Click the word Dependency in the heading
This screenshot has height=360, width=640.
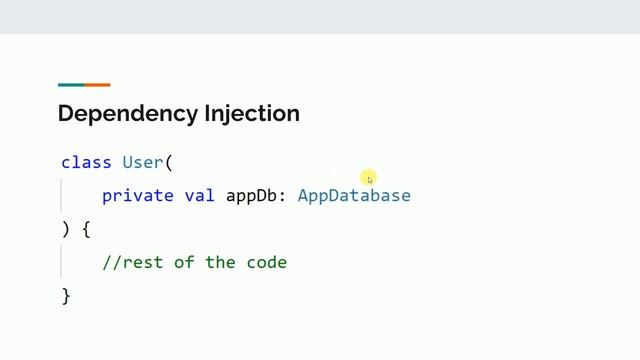[x=114, y=114]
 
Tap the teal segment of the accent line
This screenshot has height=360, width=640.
[x=71, y=85]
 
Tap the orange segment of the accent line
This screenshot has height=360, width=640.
[x=97, y=85]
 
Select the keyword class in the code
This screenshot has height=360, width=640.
[x=86, y=162]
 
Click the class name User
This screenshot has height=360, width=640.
[x=143, y=162]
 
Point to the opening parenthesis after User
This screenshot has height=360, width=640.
[x=169, y=162]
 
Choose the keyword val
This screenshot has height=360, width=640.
[x=200, y=195]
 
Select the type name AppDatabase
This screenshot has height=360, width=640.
[x=354, y=195]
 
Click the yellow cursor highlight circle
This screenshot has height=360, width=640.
[x=369, y=178]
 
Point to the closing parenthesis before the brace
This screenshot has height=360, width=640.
[x=66, y=229]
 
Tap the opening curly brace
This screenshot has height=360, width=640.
[x=86, y=229]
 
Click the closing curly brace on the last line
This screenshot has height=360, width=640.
[x=66, y=296]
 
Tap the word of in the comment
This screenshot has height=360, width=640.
[x=184, y=263]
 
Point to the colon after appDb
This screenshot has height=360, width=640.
[x=282, y=196]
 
